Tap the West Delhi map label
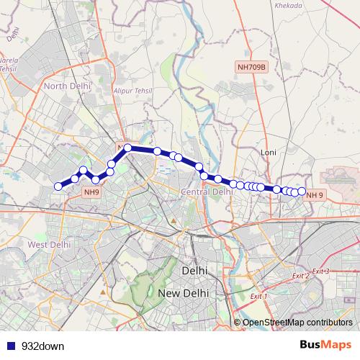tap(49, 245)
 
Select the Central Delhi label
tap(207, 192)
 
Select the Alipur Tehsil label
tap(136, 92)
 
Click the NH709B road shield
tap(251, 67)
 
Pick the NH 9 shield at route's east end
tap(315, 195)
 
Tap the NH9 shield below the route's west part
tap(91, 192)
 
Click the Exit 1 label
tap(258, 296)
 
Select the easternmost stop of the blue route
tap(302, 191)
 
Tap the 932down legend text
tap(42, 346)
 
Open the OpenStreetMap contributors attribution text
tap(298, 322)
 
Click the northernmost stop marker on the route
tap(127, 148)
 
